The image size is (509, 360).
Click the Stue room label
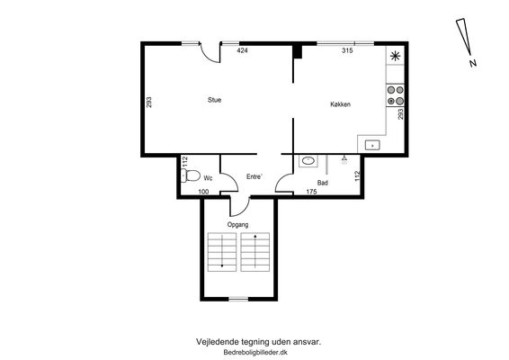(215, 100)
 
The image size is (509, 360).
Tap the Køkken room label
(340, 104)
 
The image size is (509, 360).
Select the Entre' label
(254, 176)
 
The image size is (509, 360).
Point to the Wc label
(208, 178)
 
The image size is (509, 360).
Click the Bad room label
(322, 183)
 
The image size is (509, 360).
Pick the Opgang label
(237, 224)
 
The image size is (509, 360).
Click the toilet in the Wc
(191, 175)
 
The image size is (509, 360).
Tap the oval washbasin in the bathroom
(308, 160)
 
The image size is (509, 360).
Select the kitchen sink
(372, 145)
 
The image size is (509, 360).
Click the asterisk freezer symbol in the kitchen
(395, 56)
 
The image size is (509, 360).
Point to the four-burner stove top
(396, 95)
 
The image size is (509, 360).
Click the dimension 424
(242, 50)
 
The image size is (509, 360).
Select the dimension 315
(347, 50)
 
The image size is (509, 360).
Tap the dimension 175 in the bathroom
(311, 192)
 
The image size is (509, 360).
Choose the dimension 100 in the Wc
(203, 192)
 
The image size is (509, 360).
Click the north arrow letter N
(473, 63)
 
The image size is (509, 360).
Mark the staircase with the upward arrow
(255, 252)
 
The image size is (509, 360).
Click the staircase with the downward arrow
(222, 252)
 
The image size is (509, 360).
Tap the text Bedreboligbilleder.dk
(255, 352)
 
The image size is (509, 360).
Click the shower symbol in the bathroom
(344, 159)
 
